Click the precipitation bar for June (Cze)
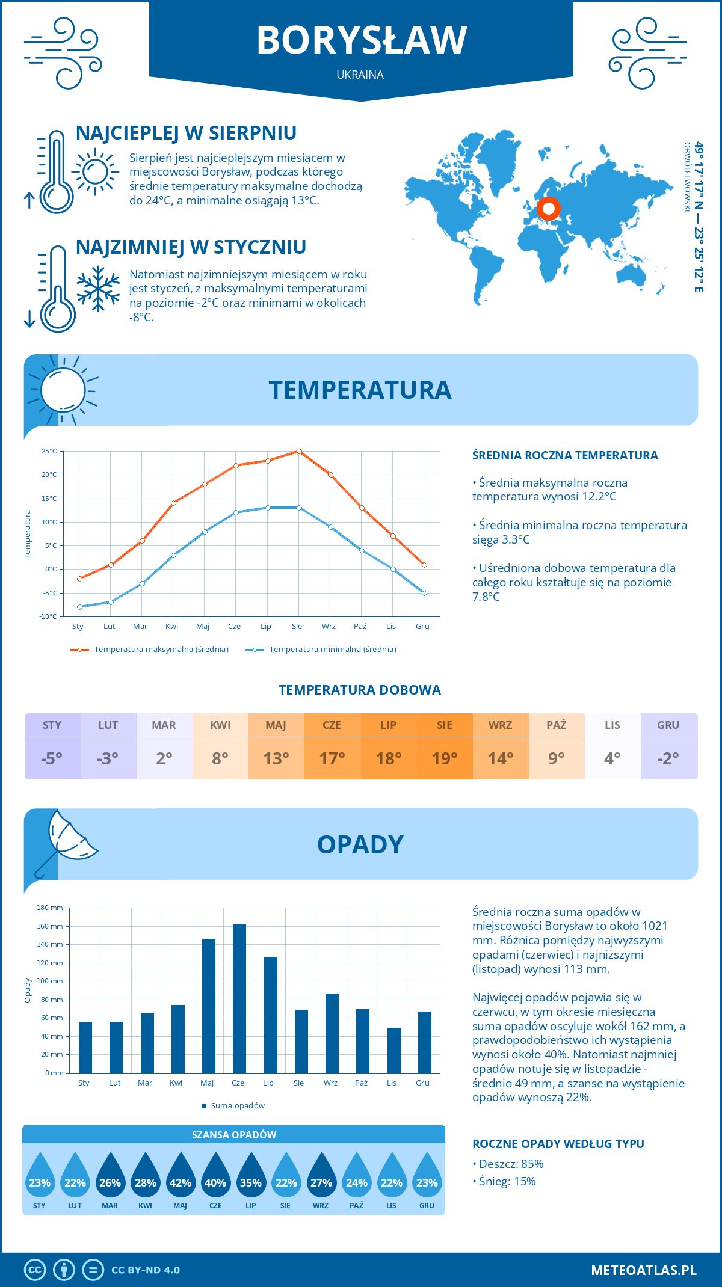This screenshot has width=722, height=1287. [x=239, y=998]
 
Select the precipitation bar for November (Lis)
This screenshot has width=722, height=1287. [x=393, y=1050]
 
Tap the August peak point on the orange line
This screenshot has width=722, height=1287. [x=299, y=451]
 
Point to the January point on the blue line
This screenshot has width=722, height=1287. [x=79, y=607]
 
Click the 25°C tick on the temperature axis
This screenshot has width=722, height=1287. [x=49, y=451]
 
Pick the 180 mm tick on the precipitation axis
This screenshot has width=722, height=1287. [x=51, y=908]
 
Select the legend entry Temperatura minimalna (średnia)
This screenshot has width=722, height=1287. [x=322, y=650]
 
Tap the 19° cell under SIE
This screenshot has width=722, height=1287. [x=445, y=758]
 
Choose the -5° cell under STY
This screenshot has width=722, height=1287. [x=52, y=758]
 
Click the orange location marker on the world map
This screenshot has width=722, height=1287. [x=548, y=209]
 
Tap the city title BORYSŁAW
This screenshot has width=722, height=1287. [x=361, y=40]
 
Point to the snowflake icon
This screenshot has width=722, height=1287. [x=98, y=289]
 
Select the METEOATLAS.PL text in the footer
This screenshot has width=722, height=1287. [x=643, y=1270]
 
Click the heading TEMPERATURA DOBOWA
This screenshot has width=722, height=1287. [x=360, y=690]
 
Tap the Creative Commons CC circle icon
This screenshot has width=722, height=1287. [x=35, y=1270]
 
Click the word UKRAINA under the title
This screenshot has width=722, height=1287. [x=360, y=75]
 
